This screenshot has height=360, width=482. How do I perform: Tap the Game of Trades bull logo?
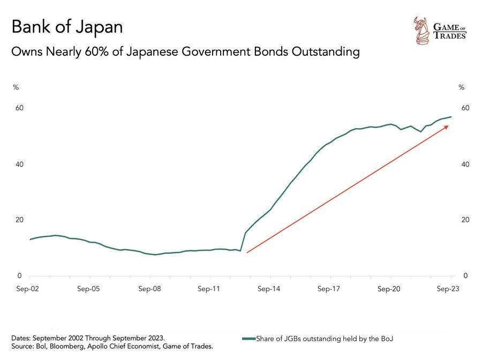pos(420,29)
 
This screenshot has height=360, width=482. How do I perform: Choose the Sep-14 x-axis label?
pos(269,289)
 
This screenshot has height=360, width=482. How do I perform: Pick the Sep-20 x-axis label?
pos(389,289)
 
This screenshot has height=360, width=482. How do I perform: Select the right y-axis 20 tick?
pos(465,220)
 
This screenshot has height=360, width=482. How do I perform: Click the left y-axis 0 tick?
pos(19,276)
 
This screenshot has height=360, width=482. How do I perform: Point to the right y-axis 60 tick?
pos(465,108)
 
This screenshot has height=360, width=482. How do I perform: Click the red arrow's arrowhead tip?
pos(449,125)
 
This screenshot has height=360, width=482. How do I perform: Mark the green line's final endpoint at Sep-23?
pos(451,117)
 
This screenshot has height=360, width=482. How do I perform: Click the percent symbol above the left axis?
pos(16,87)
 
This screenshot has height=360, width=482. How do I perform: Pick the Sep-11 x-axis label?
pos(209,289)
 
